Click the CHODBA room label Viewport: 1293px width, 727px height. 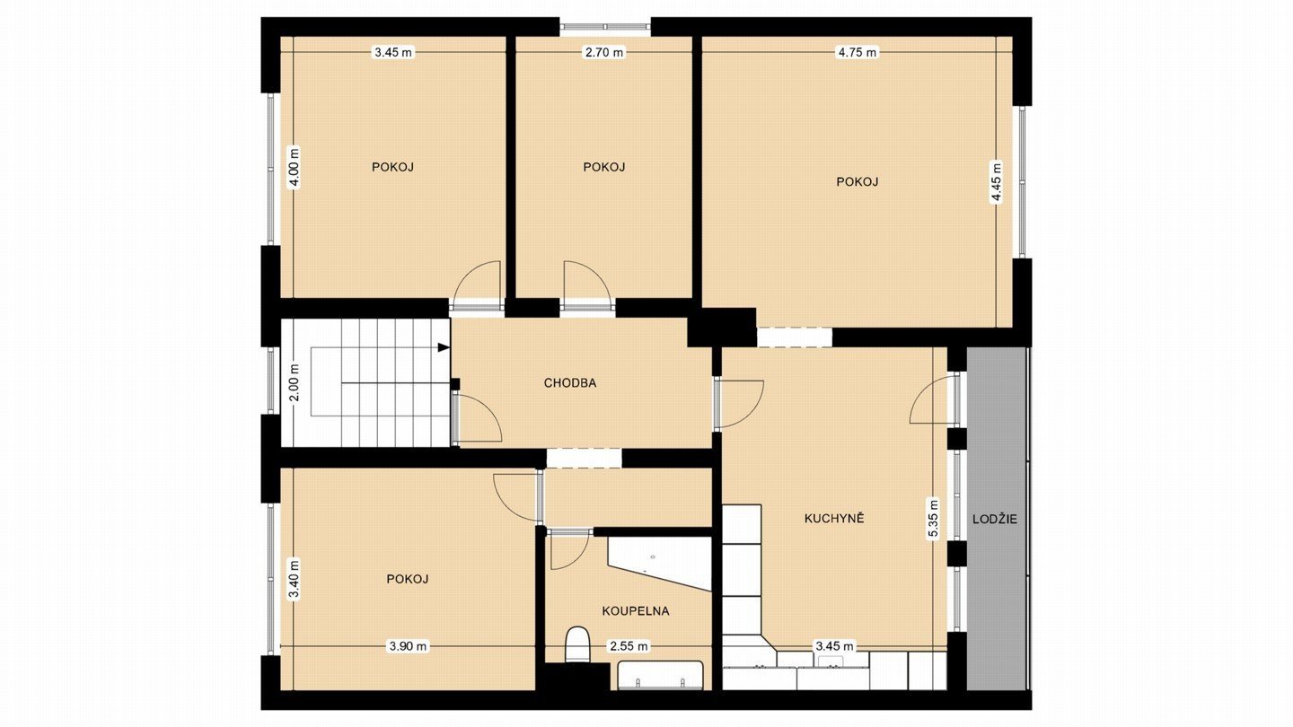(x=569, y=382)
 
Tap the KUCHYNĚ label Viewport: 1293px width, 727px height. (x=834, y=518)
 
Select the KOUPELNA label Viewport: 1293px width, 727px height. (x=636, y=611)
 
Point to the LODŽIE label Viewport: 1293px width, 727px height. (x=995, y=519)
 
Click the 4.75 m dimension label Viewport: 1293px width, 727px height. (x=858, y=52)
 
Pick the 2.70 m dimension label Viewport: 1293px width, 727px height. (x=604, y=52)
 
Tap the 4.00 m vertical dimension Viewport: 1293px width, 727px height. (x=295, y=167)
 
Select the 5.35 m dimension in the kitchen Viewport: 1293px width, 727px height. (x=933, y=518)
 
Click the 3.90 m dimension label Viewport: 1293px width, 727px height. (x=408, y=646)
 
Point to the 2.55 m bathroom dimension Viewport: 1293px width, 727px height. (x=629, y=646)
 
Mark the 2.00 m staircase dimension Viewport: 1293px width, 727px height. (x=295, y=382)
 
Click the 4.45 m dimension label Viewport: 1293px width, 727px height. (x=997, y=181)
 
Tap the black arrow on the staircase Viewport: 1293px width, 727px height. (x=444, y=347)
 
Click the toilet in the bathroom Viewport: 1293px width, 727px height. (x=576, y=644)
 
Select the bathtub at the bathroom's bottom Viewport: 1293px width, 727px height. (x=660, y=675)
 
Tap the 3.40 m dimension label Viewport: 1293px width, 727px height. (x=295, y=580)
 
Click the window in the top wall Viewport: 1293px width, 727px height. (x=605, y=26)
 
